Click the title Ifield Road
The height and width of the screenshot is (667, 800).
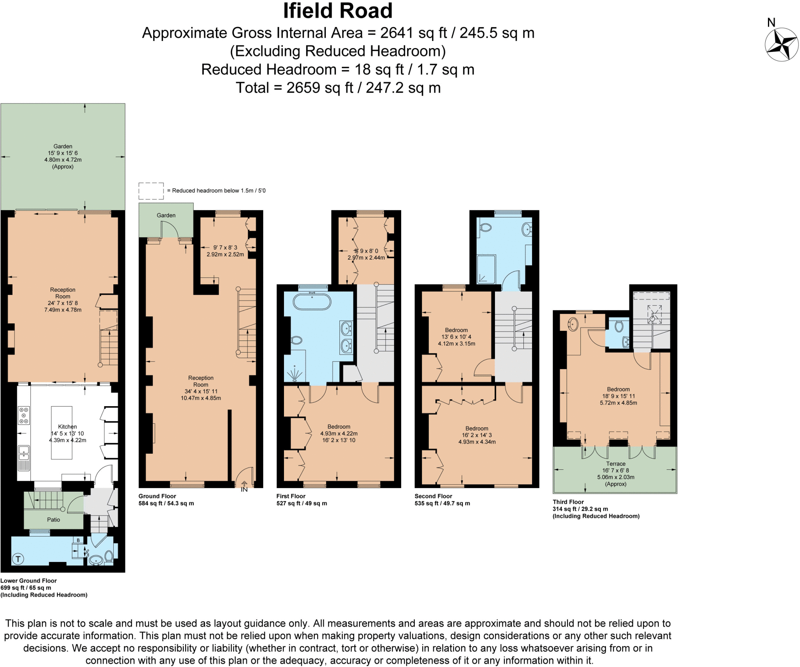coord(337,11)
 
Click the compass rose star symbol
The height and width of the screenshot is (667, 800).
coord(781,45)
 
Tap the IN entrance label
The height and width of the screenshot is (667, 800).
coord(244,489)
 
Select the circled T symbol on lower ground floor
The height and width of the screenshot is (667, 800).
coord(18,559)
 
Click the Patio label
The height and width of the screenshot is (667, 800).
coord(54,519)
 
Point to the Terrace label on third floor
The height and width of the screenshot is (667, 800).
coord(616,464)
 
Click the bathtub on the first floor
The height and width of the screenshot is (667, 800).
coord(312,302)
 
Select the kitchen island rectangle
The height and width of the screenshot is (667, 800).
coord(62,432)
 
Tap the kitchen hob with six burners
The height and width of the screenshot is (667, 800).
coord(24,416)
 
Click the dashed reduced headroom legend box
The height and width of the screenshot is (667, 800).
coord(151,191)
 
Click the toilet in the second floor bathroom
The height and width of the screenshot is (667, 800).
coord(486,227)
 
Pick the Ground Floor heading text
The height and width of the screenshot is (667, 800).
coord(157,496)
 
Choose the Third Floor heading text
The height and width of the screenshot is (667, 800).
coord(568,502)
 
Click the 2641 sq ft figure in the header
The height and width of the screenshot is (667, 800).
coord(413,33)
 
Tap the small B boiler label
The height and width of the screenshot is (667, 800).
coord(78,540)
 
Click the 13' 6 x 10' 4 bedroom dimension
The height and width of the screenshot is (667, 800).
coord(456,337)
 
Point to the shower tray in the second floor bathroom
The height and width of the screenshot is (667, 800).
coord(486,269)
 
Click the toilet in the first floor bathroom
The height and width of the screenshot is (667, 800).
coord(297,340)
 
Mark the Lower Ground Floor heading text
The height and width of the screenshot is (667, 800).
coord(29,581)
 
